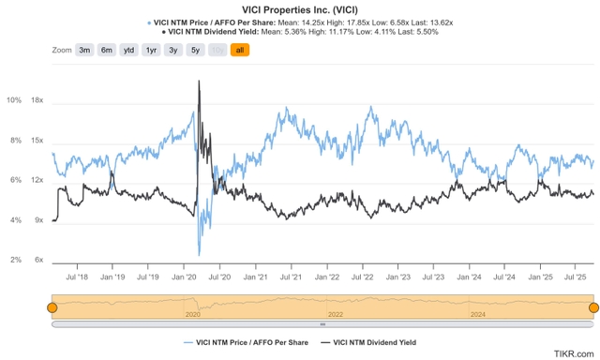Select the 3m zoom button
(84, 50)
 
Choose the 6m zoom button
(107, 50)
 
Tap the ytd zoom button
(130, 50)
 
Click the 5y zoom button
(196, 50)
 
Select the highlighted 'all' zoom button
(239, 50)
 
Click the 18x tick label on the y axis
(37, 100)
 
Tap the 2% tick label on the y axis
(15, 261)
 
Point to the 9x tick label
(38, 220)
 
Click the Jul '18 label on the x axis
(76, 277)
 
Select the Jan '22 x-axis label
(327, 277)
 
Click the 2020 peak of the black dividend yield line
(199, 82)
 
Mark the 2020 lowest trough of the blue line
(199, 254)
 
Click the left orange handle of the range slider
(52, 307)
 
